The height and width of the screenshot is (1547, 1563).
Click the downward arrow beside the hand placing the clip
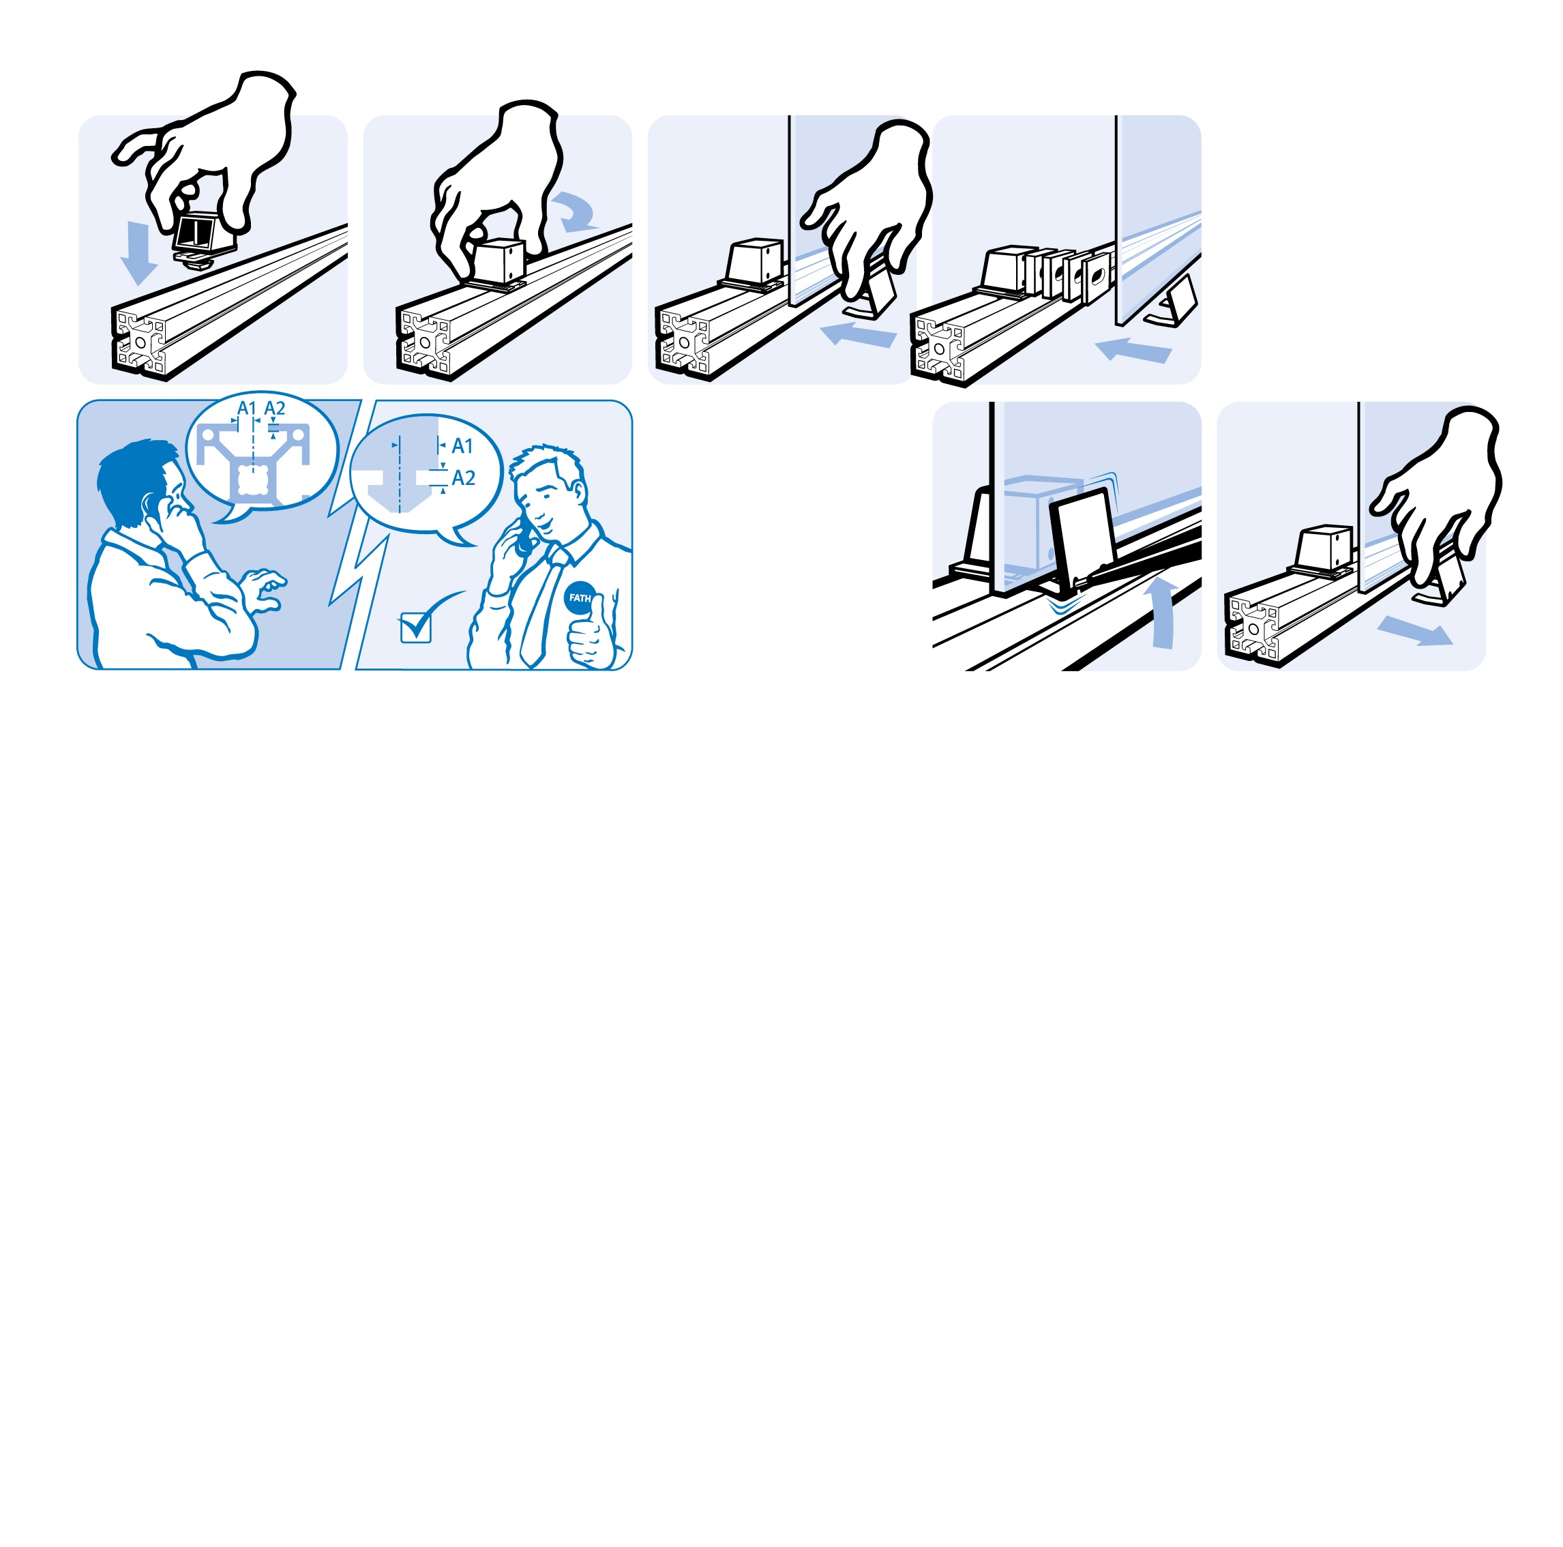point(138,252)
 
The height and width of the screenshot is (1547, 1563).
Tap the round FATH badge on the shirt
point(579,599)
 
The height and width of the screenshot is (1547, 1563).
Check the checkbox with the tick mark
point(416,628)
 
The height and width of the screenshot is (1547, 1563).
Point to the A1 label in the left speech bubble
point(246,409)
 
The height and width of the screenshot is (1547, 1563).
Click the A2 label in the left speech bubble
point(275,409)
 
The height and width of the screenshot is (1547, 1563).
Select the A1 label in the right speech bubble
point(462,446)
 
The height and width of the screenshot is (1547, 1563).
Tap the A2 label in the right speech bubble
point(464,478)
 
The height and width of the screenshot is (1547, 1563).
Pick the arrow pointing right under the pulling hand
point(1415,631)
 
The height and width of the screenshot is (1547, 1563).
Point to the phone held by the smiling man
point(524,537)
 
